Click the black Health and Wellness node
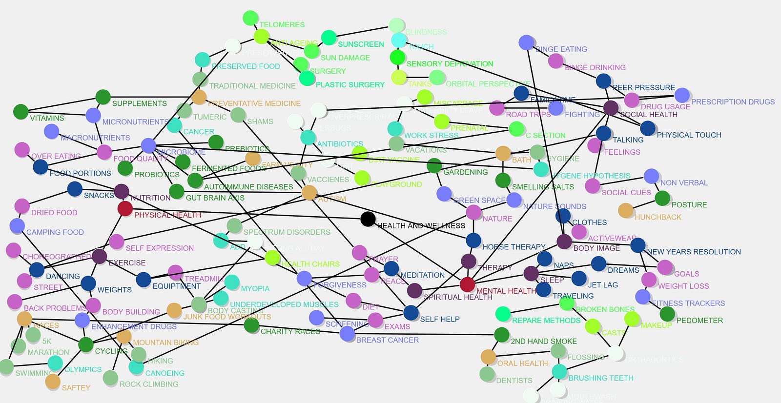[368, 219]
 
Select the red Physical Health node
[125, 209]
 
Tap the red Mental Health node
[467, 284]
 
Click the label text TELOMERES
[282, 25]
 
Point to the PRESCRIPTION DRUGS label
[733, 102]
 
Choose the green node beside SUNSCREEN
[329, 38]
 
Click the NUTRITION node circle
[122, 191]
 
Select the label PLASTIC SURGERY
[350, 85]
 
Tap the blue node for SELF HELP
[411, 313]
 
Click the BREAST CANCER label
[387, 340]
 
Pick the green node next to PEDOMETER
[667, 314]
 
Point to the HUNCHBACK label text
[658, 217]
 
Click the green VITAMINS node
[21, 112]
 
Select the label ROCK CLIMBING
[149, 384]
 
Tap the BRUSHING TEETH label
[600, 378]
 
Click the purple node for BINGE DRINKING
[555, 61]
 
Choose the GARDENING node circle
[434, 166]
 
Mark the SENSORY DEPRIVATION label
[450, 64]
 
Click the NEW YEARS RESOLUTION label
[694, 252]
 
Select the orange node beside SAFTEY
[53, 382]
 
